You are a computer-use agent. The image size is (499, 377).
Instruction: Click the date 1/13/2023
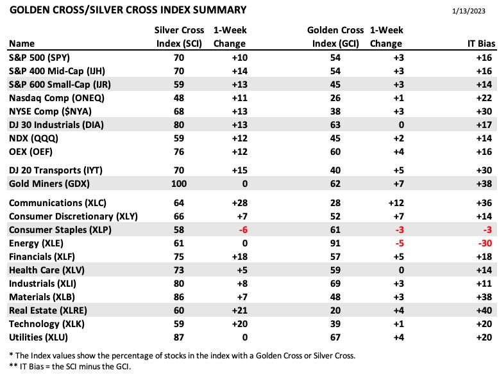(x=468, y=11)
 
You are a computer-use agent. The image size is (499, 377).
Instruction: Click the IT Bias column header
(x=481, y=44)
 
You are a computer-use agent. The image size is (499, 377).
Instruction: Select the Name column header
(x=22, y=44)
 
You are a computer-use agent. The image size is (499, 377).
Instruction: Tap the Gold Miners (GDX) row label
(x=49, y=184)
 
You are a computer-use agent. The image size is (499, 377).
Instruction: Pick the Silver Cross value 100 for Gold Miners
(x=179, y=184)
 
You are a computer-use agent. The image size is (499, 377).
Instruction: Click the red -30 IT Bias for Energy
(x=485, y=243)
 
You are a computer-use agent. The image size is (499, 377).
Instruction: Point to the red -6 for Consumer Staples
(x=243, y=230)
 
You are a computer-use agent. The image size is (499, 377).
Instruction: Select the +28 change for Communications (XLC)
(x=240, y=203)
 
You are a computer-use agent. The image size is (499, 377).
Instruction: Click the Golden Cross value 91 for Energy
(x=335, y=243)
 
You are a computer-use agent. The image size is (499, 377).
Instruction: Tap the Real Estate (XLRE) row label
(x=48, y=310)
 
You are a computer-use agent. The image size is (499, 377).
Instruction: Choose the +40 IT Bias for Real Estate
(x=484, y=310)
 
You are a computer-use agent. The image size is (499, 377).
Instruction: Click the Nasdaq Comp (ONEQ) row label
(x=56, y=98)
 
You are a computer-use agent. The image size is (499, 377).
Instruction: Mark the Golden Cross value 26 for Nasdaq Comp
(x=335, y=98)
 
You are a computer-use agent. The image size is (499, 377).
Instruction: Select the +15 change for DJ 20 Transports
(x=240, y=170)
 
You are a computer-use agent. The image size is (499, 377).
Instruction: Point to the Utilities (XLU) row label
(x=38, y=337)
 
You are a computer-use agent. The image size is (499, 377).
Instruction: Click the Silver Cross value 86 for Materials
(x=179, y=297)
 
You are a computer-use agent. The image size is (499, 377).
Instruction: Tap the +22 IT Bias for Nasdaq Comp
(x=484, y=98)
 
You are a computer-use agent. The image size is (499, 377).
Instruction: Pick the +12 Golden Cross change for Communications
(x=396, y=203)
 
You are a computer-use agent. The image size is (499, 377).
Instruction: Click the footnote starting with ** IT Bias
(x=70, y=366)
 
